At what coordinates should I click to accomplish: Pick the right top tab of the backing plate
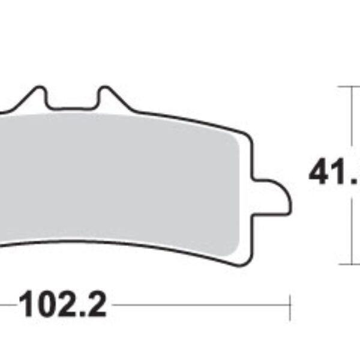point(109,96)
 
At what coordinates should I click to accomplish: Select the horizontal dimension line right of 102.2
point(198,305)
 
